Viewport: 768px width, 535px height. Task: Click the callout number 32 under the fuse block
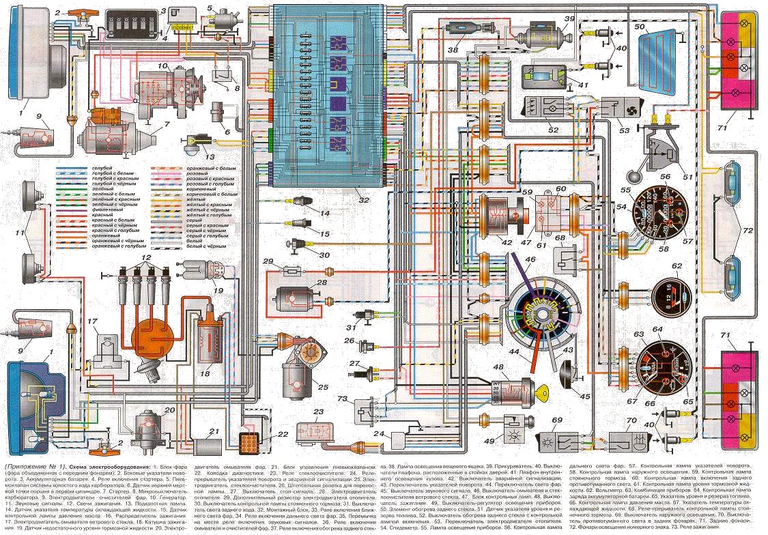[x=363, y=200]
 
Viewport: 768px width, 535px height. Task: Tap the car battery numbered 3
[x=134, y=28]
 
